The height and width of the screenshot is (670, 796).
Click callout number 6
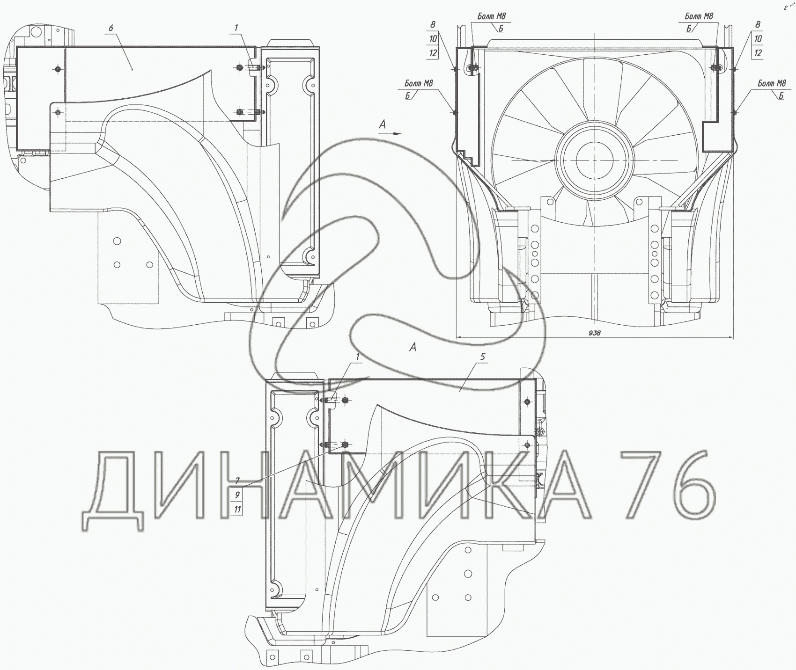pos(111,28)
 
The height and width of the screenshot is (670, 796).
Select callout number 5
pos(483,357)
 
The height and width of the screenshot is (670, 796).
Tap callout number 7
pos(237,481)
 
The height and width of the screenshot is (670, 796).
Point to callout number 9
pos(237,495)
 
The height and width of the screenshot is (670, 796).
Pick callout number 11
pos(237,509)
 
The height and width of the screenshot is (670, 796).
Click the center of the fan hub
pos(594,160)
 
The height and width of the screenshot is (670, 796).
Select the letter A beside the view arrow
pos(382,124)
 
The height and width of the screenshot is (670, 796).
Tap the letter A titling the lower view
pos(413,347)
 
